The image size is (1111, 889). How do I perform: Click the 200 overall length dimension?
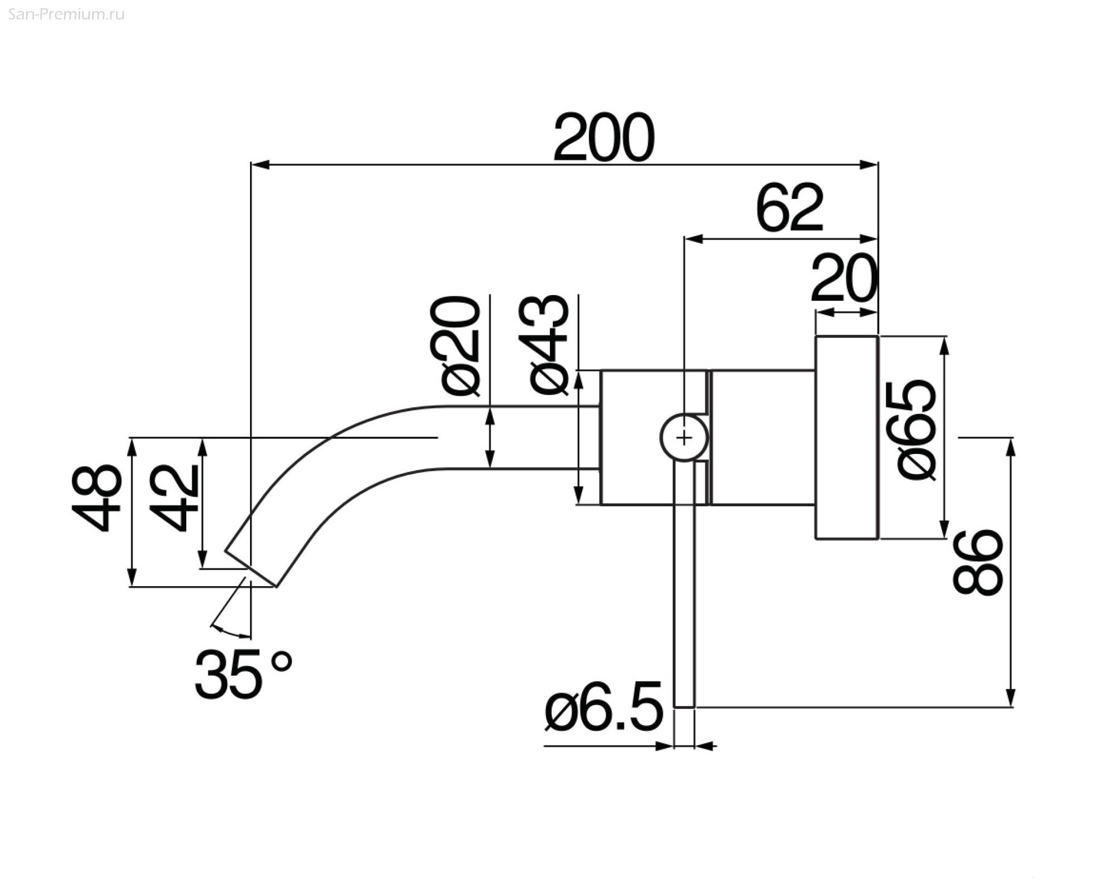click(x=604, y=137)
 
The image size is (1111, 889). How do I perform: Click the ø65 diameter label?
click(x=916, y=430)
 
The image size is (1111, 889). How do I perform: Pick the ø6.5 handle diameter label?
click(x=604, y=706)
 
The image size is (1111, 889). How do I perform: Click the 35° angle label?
click(x=243, y=674)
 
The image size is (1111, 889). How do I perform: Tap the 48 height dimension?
click(x=97, y=498)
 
